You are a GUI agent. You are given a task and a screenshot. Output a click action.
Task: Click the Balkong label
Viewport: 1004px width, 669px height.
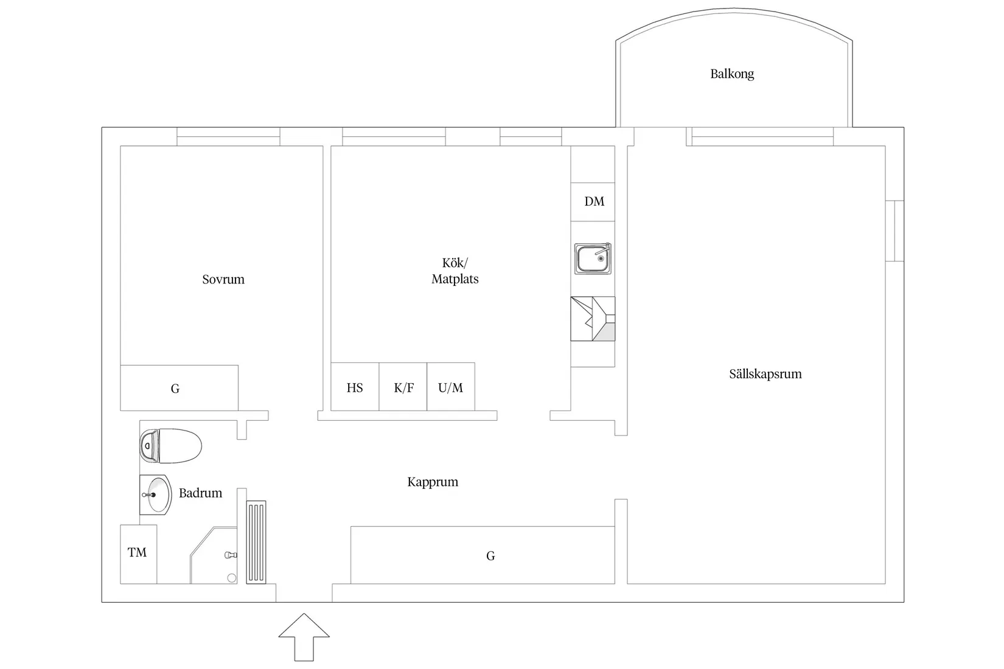tap(732, 74)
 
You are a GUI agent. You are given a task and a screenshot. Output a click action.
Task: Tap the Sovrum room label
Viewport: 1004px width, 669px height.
tap(223, 280)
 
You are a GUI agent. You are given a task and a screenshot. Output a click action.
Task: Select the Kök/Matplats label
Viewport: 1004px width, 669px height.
tap(455, 271)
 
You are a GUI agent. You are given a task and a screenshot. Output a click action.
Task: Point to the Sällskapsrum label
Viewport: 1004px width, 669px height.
tap(765, 373)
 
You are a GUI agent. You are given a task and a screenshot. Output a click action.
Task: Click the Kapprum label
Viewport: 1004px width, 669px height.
tap(433, 482)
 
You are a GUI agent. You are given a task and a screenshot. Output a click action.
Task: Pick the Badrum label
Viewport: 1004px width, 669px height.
tap(200, 493)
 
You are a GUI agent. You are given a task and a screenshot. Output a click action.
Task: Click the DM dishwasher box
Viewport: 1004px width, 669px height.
tap(593, 202)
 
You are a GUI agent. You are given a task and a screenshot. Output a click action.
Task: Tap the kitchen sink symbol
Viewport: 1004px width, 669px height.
tap(593, 258)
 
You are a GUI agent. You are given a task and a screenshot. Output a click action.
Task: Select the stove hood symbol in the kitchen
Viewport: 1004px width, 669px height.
tap(593, 319)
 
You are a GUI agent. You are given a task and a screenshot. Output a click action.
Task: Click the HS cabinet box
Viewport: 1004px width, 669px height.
tap(355, 387)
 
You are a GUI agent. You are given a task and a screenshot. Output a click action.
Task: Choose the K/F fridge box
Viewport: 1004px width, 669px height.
tap(403, 387)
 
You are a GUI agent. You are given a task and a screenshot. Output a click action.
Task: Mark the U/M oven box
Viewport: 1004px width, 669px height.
tap(451, 387)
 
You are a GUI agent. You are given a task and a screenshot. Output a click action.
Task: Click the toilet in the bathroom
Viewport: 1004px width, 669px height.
tap(170, 446)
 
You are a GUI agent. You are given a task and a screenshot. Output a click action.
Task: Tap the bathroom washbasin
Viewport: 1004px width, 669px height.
tap(156, 494)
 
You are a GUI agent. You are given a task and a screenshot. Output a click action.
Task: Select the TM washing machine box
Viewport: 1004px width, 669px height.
tap(139, 554)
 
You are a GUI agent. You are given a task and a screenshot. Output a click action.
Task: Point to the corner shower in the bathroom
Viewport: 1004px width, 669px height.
tap(214, 555)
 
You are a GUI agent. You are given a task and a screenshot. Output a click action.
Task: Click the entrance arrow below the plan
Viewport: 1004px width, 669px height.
tap(304, 637)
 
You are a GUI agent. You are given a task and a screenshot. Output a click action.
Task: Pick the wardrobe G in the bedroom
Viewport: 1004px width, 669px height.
tap(180, 388)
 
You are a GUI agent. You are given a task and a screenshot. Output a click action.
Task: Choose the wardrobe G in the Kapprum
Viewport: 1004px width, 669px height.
tap(483, 555)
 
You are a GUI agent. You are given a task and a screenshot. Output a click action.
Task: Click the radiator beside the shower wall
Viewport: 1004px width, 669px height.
tap(256, 542)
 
